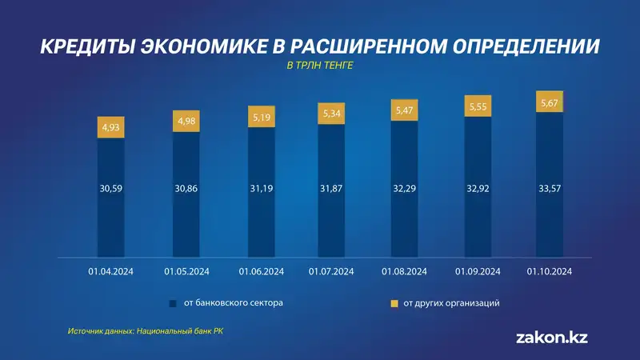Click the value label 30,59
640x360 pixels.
(x=111, y=189)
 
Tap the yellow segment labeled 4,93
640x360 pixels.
(x=111, y=126)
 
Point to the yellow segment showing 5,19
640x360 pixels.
(x=261, y=116)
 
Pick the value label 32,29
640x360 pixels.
(x=405, y=189)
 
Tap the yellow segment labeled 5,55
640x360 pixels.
(x=478, y=106)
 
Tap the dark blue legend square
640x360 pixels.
(x=172, y=304)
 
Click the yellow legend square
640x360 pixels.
(x=394, y=304)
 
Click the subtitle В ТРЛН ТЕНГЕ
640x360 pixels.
(x=319, y=66)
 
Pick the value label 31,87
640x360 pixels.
(x=331, y=189)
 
